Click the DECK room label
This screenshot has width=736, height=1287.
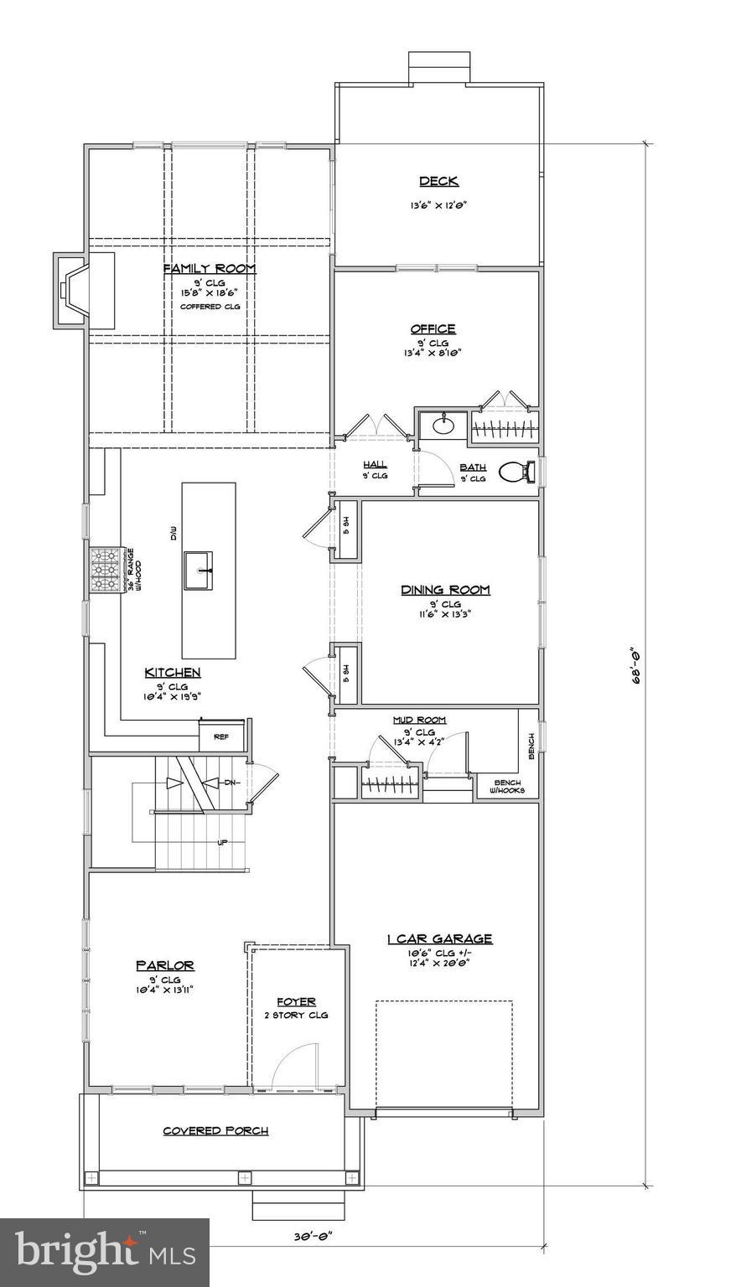pos(438,182)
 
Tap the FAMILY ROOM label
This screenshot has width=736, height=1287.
pos(209,268)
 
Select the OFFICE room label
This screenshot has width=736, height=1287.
pos(433,328)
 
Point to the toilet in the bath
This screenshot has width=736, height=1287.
pos(515,473)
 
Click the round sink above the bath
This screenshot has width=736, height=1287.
pos(443,426)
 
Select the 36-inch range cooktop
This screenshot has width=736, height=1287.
pos(105,570)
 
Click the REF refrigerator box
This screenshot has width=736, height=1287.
pos(221,737)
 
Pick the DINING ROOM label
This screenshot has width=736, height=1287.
pos(444,590)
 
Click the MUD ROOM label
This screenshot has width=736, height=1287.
pos(419,720)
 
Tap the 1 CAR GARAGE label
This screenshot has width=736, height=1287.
pos(439,939)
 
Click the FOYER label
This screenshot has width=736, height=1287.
pos(297,1002)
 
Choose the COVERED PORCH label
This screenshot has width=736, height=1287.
pos(215,1130)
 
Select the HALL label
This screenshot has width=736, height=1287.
pos(374,464)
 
